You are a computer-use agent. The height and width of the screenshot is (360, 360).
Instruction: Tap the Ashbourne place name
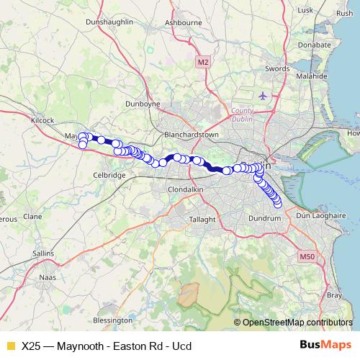(183, 23)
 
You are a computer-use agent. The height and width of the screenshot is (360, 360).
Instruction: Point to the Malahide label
(310, 76)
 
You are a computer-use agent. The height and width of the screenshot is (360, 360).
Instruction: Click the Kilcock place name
(42, 120)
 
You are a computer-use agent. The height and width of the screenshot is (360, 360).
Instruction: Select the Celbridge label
(110, 175)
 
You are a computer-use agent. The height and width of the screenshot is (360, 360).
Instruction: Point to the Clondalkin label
(186, 189)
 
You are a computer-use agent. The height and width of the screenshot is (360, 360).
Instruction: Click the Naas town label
(47, 276)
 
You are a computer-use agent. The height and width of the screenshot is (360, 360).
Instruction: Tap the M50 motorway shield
(307, 257)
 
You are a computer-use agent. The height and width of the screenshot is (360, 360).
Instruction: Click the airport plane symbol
(262, 95)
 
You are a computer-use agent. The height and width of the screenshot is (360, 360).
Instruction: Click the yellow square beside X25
(10, 346)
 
